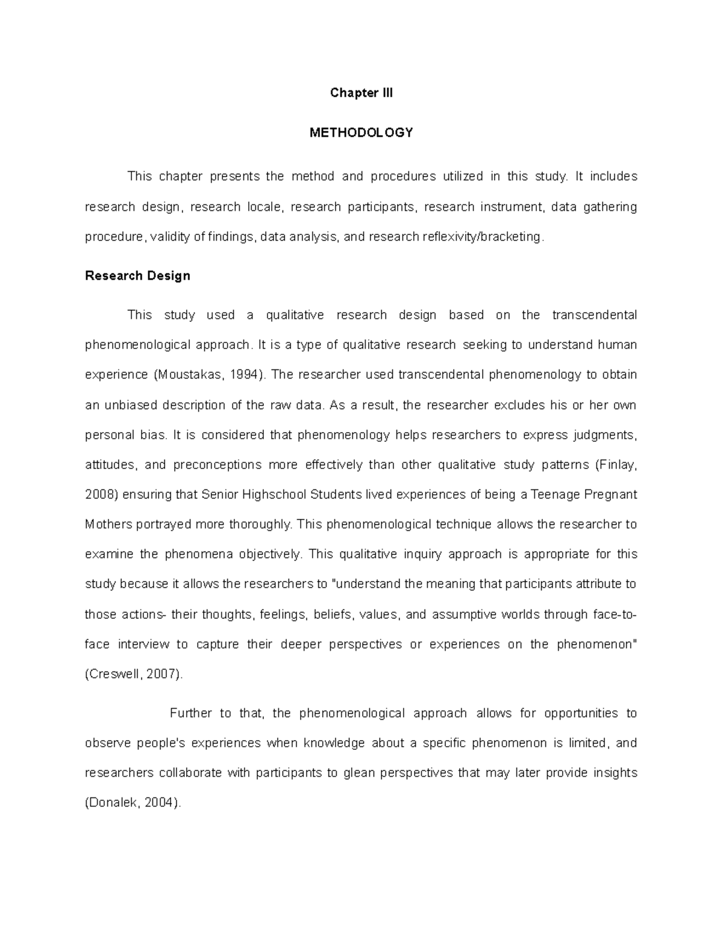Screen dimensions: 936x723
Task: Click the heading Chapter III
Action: point(361,93)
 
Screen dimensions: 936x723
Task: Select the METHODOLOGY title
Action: point(361,133)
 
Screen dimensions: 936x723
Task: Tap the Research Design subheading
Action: point(137,275)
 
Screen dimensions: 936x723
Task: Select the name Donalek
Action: point(113,803)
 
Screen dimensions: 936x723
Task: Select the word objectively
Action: point(269,554)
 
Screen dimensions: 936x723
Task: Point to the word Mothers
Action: point(108,524)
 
